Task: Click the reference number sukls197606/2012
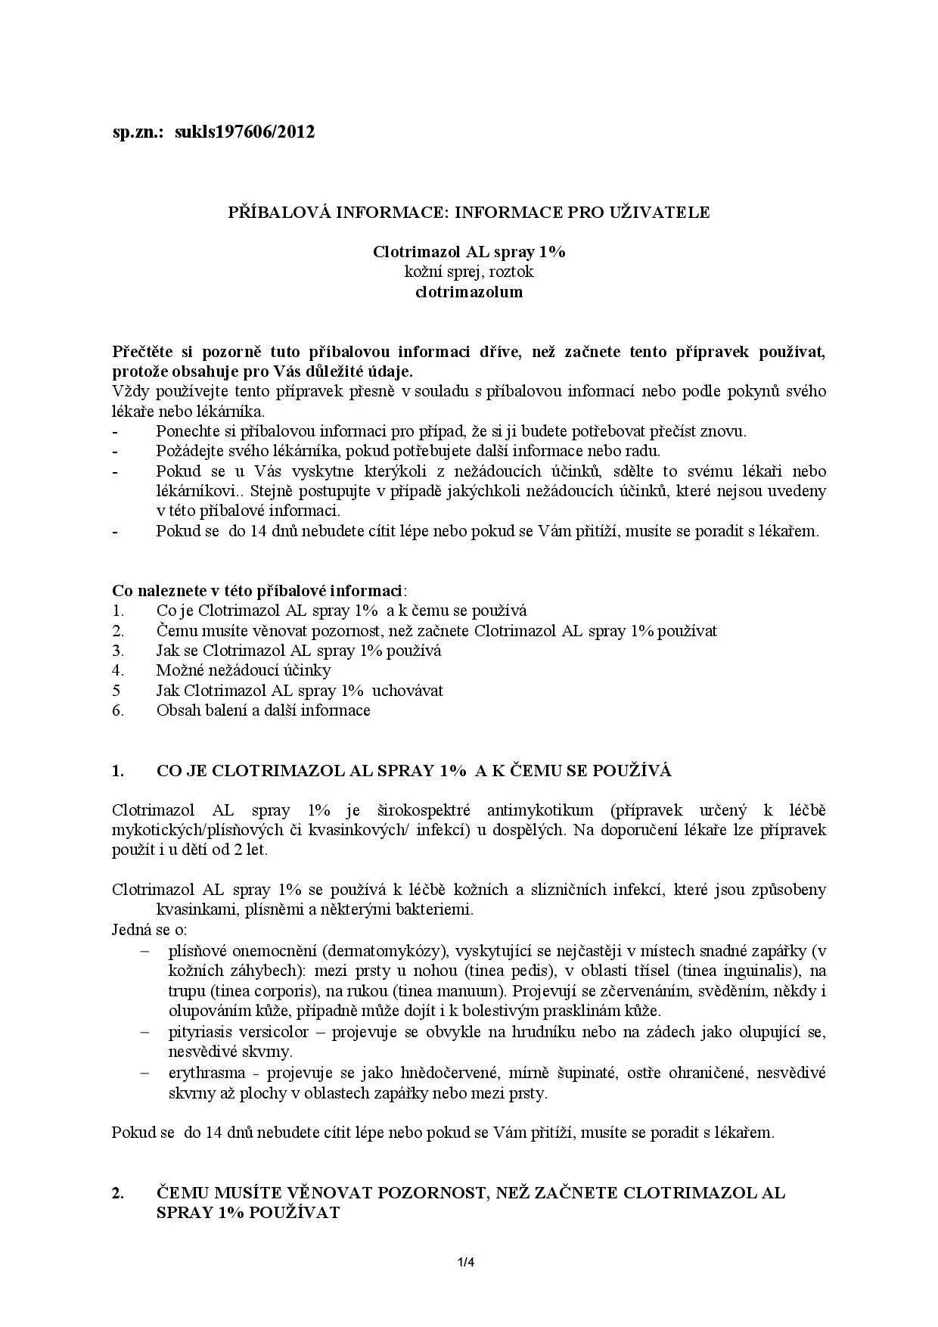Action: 244,132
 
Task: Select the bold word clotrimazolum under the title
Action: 469,292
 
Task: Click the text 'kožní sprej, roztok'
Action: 469,272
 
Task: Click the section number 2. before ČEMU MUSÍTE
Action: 118,1193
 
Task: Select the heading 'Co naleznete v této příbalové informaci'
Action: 257,591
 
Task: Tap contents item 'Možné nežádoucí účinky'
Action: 244,670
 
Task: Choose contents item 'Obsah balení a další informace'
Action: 263,710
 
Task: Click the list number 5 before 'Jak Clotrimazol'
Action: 116,691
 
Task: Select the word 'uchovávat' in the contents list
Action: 408,691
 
